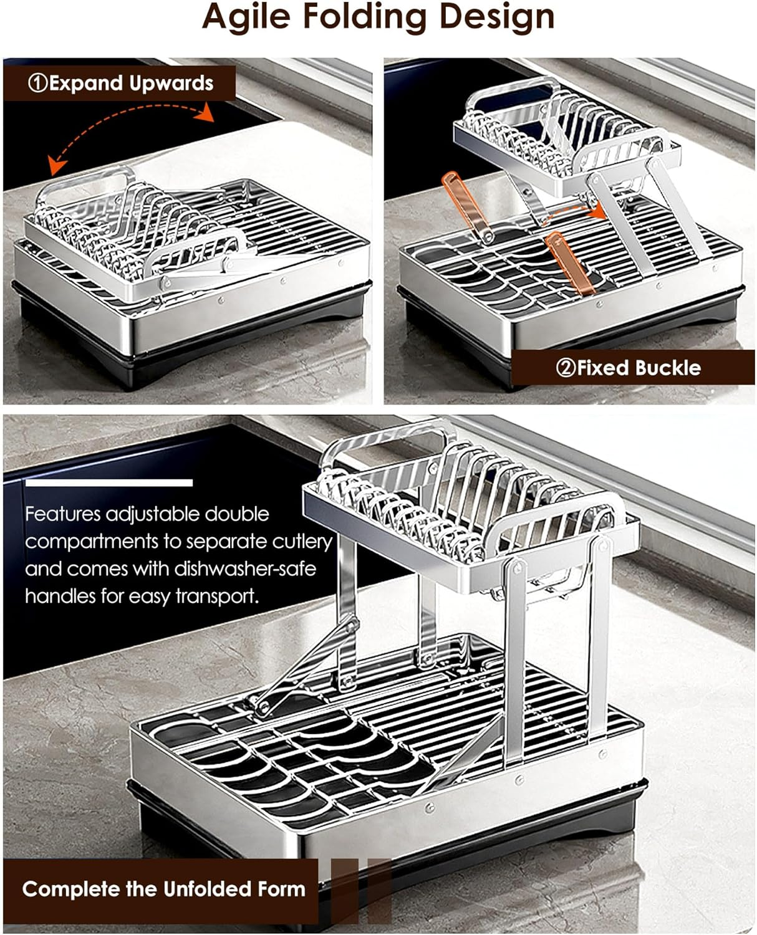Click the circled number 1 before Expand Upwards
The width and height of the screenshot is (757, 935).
38,84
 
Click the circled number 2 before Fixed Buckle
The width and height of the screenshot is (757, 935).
566,368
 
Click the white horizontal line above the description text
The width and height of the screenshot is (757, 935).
108,482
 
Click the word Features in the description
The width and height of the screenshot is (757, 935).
62,514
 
